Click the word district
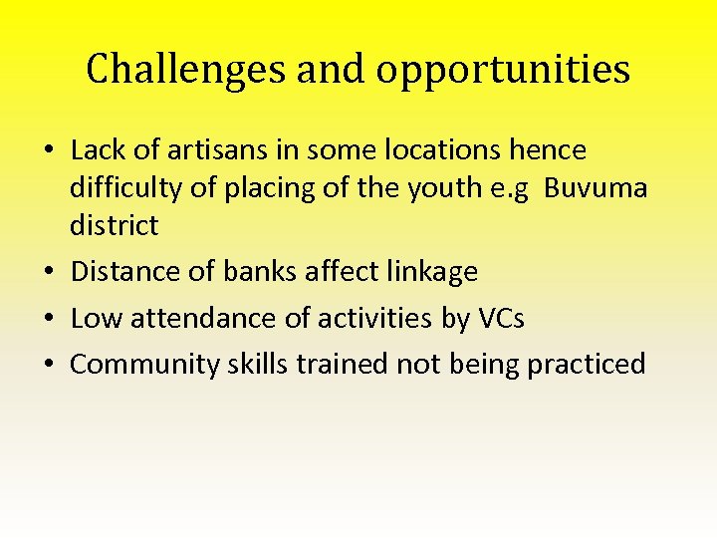click(x=114, y=226)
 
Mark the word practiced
click(x=587, y=365)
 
